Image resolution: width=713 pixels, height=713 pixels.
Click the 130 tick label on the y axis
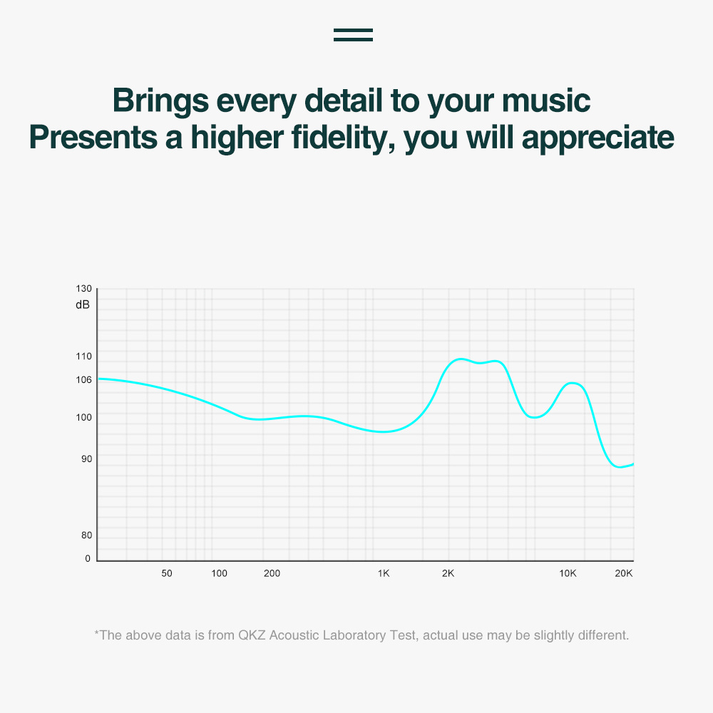[x=83, y=289]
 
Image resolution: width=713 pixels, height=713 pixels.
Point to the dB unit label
[x=83, y=304]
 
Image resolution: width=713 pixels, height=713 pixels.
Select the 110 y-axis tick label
[x=83, y=356]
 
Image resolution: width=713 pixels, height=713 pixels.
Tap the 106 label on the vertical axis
[x=83, y=380]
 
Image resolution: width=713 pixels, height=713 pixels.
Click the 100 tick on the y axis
[x=83, y=417]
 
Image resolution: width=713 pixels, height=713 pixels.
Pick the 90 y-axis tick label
[x=86, y=458]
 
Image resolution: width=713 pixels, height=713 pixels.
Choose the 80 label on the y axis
[x=86, y=535]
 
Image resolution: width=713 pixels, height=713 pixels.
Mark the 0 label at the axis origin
[x=88, y=559]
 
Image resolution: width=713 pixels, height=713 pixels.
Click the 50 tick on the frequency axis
[x=167, y=573]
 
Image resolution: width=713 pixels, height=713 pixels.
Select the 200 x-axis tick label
[x=272, y=573]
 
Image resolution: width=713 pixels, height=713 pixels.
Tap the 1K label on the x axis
[x=384, y=573]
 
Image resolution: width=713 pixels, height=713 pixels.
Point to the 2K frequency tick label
[x=448, y=573]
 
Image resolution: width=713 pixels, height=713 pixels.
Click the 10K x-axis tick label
[x=568, y=573]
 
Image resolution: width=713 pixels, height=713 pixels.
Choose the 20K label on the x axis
[x=624, y=573]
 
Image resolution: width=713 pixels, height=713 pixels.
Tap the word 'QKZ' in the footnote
[x=252, y=635]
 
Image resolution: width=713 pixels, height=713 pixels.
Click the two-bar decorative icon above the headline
[x=354, y=35]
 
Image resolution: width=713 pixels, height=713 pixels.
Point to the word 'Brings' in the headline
[x=160, y=101]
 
